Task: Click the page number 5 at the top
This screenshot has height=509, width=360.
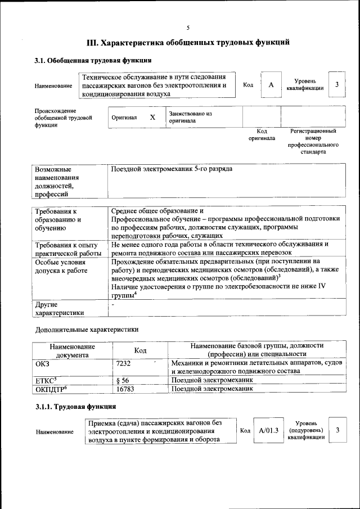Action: (188, 27)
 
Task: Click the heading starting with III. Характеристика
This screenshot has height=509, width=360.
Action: (188, 42)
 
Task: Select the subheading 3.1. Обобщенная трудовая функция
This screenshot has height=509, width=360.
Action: (92, 60)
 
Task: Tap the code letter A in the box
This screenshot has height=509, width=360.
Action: (271, 84)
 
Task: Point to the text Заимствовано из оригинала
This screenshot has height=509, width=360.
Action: (190, 117)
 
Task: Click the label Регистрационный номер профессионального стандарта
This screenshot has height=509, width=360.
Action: (313, 141)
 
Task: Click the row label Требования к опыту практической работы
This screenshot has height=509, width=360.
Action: (67, 249)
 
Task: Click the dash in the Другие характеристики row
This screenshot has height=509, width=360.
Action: (113, 304)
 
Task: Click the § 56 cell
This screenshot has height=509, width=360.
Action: (122, 380)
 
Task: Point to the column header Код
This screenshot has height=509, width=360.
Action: (140, 350)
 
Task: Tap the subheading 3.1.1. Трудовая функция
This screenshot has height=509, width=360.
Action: (75, 406)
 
